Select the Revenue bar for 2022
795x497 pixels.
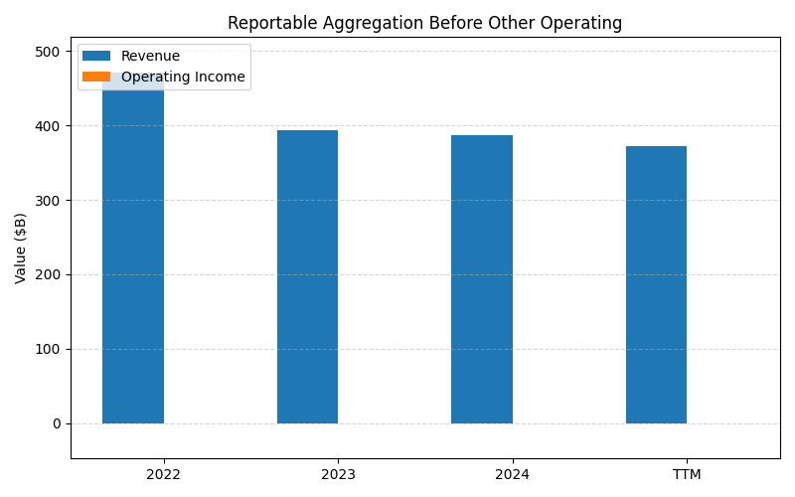tap(133, 258)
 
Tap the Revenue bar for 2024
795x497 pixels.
tap(482, 279)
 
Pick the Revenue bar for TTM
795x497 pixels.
tap(656, 284)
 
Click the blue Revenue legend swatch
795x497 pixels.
tap(96, 57)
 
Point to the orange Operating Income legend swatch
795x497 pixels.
tap(96, 78)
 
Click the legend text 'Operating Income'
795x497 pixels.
tap(183, 78)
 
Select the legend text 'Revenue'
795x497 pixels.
tap(150, 57)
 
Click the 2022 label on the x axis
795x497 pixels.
tap(163, 474)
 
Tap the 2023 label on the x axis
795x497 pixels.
tap(338, 474)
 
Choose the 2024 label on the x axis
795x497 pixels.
tap(512, 474)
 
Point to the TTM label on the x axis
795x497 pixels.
tap(687, 474)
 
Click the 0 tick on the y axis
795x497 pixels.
tap(58, 423)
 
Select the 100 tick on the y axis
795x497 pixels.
tap(50, 349)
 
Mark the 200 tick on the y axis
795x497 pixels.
tap(50, 274)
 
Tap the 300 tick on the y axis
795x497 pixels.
tap(50, 200)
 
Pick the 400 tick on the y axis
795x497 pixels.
tap(50, 126)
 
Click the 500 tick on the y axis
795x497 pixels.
tap(50, 52)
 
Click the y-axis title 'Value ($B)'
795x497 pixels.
tap(21, 248)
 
